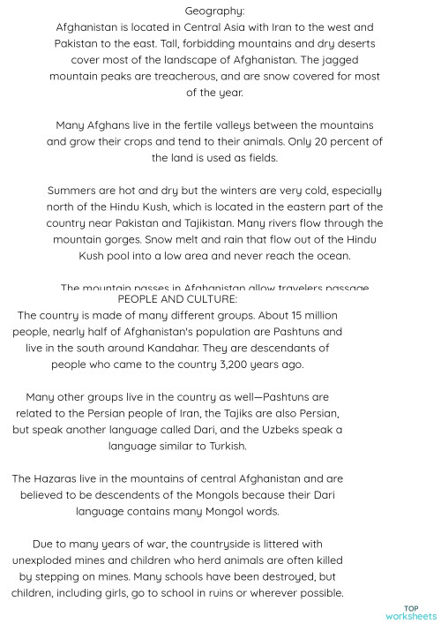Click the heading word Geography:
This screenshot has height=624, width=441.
click(215, 11)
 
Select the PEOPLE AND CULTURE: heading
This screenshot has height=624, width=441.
click(176, 299)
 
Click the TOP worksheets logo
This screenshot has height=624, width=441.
click(411, 611)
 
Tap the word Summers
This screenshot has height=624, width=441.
click(77, 191)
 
